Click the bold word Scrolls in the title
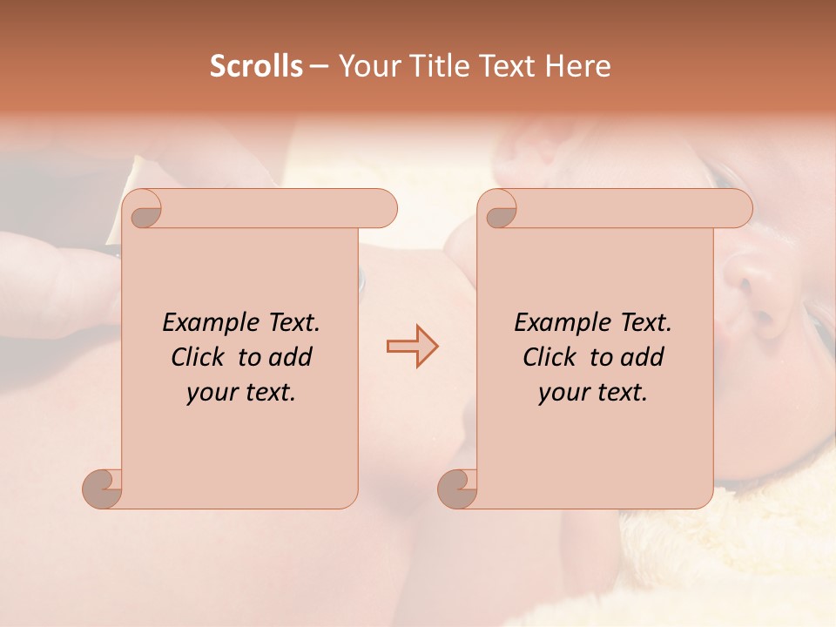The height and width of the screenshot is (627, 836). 256,66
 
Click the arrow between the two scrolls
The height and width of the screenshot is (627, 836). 412,347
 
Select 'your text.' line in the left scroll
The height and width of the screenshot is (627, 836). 241,393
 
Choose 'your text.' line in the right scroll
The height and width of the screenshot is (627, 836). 593,393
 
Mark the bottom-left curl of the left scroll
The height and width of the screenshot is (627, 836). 103,488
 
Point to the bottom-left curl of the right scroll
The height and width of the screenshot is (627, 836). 458,488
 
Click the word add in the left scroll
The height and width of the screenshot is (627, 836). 292,358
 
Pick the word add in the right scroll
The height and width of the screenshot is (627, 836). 644,358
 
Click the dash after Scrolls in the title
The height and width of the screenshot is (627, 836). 319,67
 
